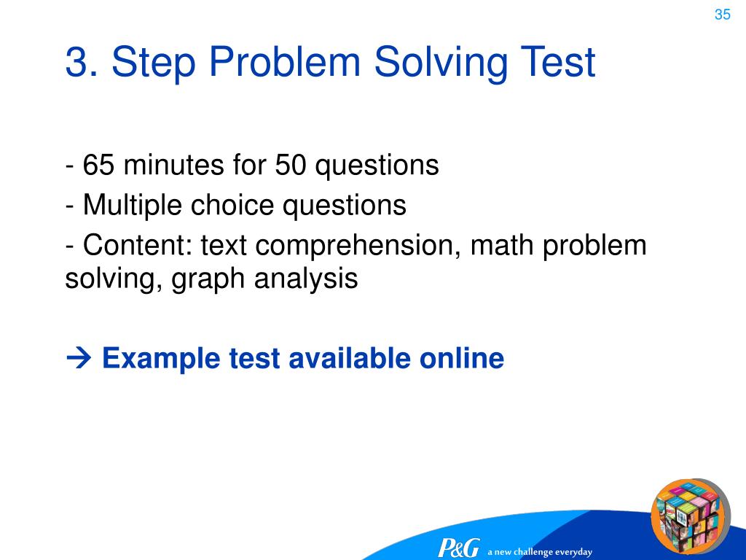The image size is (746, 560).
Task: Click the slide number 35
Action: click(x=722, y=15)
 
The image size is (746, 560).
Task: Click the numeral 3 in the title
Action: click(x=76, y=63)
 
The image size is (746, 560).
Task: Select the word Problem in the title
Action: click(x=286, y=63)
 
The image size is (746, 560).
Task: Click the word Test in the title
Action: click(x=556, y=63)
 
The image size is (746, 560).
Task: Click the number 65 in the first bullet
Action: click(x=98, y=166)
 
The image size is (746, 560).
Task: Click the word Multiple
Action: click(x=133, y=206)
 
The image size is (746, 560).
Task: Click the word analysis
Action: click(x=306, y=279)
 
